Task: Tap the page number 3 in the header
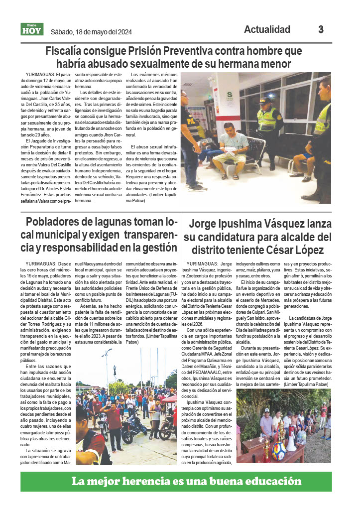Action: [321, 29]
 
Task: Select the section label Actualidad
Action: [267, 29]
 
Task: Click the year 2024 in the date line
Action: [122, 32]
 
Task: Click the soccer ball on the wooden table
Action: [279, 450]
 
